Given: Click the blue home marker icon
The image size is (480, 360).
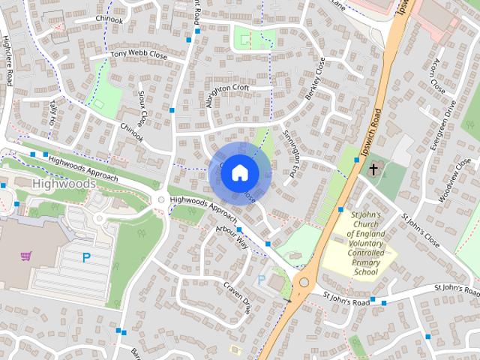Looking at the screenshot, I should (239, 172).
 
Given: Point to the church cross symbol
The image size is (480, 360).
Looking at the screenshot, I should (373, 169).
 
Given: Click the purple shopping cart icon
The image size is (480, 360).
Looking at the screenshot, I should (27, 256).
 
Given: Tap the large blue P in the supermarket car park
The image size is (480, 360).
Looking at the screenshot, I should (86, 257).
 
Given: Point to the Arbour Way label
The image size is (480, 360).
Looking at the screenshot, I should (231, 237).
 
